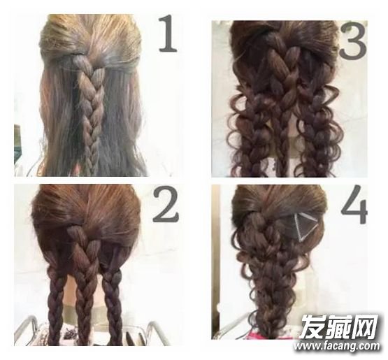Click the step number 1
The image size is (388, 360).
click(x=168, y=33)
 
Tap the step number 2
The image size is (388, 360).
click(x=166, y=206)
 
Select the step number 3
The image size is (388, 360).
click(x=352, y=41)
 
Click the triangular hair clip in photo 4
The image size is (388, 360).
click(x=303, y=227)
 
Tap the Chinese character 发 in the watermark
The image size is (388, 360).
click(x=312, y=326)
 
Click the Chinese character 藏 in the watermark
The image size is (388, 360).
click(x=339, y=326)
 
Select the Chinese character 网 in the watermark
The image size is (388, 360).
click(x=366, y=326)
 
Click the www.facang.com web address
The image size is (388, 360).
click(x=337, y=346)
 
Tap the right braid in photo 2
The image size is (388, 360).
click(x=112, y=307)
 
